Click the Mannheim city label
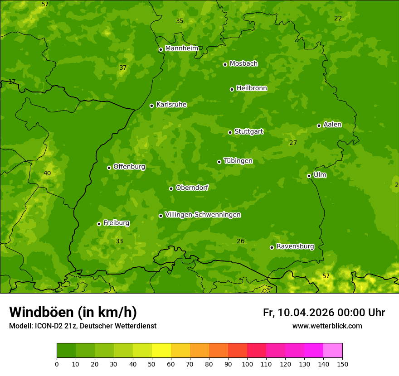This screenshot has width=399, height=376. pyautogui.click(x=181, y=48)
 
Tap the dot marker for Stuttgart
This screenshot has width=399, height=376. pyautogui.click(x=230, y=132)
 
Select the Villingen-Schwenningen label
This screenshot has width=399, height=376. pyautogui.click(x=203, y=215)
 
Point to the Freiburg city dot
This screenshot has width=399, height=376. pyautogui.click(x=99, y=224)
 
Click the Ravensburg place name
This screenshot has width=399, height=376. pyautogui.click(x=295, y=246)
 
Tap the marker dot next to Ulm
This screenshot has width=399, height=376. pyautogui.click(x=309, y=176)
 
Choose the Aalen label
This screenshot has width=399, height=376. pyautogui.click(x=332, y=125)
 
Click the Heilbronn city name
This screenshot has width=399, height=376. pyautogui.click(x=252, y=88)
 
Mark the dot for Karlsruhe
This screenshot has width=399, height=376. pyautogui.click(x=151, y=106)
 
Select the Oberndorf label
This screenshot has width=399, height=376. pyautogui.click(x=192, y=188)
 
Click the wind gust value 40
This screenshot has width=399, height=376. pyautogui.click(x=47, y=173)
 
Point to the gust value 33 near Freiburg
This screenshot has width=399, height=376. pyautogui.click(x=119, y=241)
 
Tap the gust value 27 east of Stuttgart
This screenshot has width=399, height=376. pyautogui.click(x=293, y=143)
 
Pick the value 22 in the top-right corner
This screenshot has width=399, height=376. pyautogui.click(x=338, y=18)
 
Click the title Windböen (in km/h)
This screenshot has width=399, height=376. pyautogui.click(x=73, y=312)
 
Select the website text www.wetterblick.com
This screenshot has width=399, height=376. pyautogui.click(x=327, y=326)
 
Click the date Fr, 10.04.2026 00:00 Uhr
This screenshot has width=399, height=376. pyautogui.click(x=324, y=313)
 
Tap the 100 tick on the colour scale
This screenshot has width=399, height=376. pyautogui.click(x=247, y=364)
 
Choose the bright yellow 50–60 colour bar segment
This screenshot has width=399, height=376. pyautogui.click(x=161, y=350)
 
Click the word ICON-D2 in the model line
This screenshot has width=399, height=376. pyautogui.click(x=49, y=326)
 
